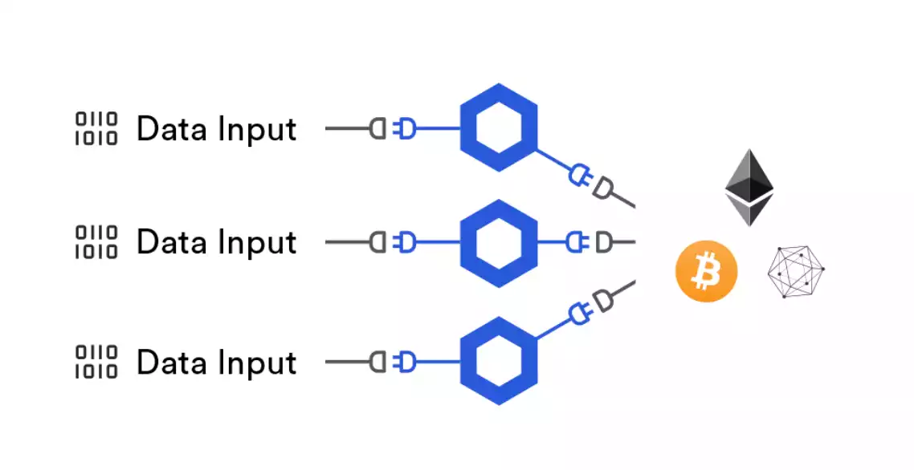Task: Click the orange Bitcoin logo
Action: (x=707, y=271)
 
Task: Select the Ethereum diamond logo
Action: (x=749, y=188)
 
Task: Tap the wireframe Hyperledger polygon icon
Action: (x=796, y=271)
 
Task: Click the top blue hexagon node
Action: (x=499, y=128)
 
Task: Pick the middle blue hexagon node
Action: (x=499, y=243)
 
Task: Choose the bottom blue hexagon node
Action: (x=499, y=361)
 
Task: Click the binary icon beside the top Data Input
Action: (x=96, y=128)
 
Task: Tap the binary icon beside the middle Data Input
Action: (x=96, y=242)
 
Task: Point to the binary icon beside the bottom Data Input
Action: (x=96, y=362)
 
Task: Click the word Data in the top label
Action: (x=172, y=128)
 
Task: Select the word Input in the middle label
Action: (x=257, y=244)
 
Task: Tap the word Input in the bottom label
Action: (x=257, y=364)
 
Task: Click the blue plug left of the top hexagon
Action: (x=405, y=128)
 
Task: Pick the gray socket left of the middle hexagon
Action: (x=377, y=242)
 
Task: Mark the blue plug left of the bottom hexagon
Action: (x=405, y=362)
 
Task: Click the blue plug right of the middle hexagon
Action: (x=577, y=242)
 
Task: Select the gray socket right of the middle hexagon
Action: (x=604, y=242)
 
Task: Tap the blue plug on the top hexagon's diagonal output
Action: (x=581, y=176)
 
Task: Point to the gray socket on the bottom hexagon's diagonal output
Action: (x=603, y=299)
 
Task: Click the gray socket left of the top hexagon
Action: (x=377, y=128)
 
